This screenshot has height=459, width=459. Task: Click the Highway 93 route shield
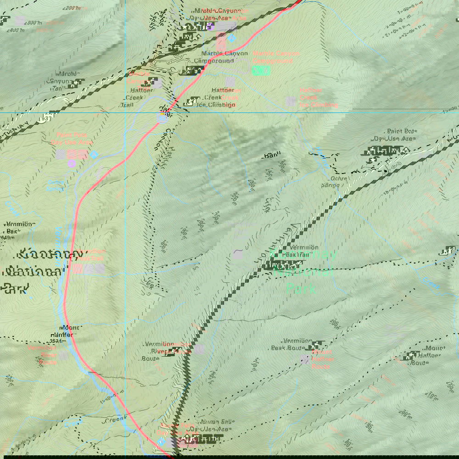[45, 118]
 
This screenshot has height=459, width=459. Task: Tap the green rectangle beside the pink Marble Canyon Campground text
[261, 71]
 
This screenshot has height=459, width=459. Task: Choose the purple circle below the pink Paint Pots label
[72, 163]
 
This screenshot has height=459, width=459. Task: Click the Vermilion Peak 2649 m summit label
[17, 230]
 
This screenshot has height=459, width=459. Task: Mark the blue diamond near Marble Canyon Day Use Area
[231, 38]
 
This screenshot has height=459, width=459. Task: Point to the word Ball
[269, 156]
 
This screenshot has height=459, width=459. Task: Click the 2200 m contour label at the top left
[72, 8]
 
